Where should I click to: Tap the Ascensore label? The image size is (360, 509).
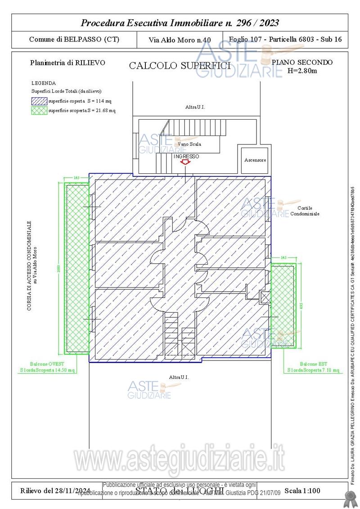pos(255,160)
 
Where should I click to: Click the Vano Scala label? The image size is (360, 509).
pos(189,144)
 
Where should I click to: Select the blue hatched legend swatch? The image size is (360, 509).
pos(39,101)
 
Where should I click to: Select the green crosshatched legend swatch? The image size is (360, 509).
pos(39,111)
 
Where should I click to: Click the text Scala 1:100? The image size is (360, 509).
pos(303,490)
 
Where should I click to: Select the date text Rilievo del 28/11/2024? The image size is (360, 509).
pos(55,490)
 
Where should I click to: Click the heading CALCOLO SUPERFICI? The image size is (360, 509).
pos(180,66)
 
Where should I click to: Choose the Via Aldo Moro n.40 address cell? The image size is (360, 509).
pos(180,40)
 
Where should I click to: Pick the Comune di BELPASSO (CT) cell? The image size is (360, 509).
pos(74,39)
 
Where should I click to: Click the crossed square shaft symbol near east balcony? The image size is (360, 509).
pos(265,296)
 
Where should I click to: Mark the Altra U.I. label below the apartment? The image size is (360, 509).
pos(179,377)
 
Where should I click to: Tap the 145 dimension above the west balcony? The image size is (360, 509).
pos(76,178)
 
